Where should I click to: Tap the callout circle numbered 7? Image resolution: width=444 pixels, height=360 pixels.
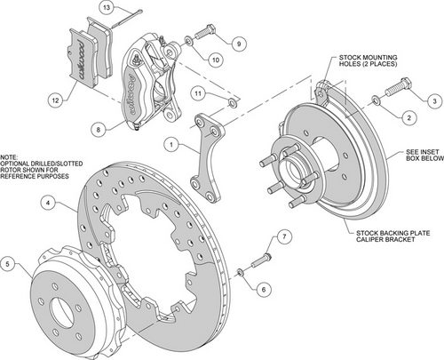click(x=283, y=236)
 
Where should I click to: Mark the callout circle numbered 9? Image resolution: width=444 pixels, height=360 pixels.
click(x=239, y=42)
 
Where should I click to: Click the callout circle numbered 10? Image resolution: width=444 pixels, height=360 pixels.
click(x=215, y=60)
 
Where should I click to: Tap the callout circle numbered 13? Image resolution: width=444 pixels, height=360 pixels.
click(x=107, y=8)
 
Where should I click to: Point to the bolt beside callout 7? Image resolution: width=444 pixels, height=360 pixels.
click(x=256, y=262)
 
